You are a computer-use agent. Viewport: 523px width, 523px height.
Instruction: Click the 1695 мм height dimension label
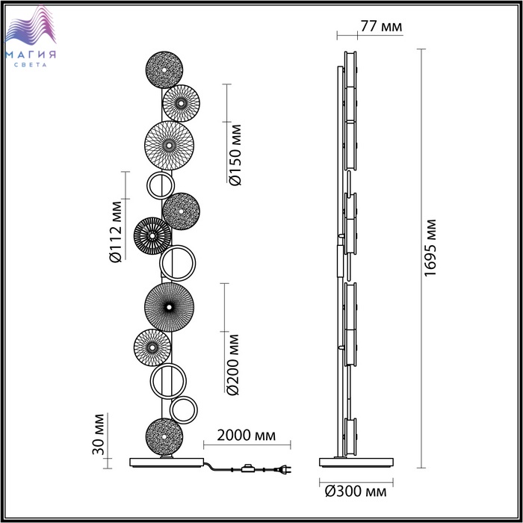click(x=430, y=248)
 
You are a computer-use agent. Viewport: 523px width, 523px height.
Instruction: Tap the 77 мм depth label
click(x=381, y=26)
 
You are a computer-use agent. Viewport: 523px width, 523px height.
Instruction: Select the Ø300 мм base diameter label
click(x=356, y=491)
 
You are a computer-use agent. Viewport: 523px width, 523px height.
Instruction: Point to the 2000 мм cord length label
click(x=247, y=435)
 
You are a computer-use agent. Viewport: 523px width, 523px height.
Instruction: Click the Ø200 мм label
click(x=233, y=365)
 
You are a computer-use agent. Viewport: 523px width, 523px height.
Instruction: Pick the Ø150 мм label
click(x=235, y=155)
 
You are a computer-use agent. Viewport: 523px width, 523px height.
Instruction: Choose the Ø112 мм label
click(x=115, y=232)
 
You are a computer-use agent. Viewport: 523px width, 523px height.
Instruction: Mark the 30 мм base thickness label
click(x=99, y=434)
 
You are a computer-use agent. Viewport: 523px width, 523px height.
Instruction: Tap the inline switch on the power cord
click(x=247, y=468)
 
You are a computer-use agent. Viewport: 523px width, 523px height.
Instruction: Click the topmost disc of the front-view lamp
click(x=164, y=69)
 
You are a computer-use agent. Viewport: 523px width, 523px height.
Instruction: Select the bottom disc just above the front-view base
click(x=164, y=436)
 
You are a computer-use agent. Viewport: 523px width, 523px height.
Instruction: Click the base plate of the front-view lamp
click(x=167, y=462)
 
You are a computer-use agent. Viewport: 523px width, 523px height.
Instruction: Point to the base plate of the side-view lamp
click(x=356, y=462)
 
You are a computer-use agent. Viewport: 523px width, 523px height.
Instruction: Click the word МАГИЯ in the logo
click(x=31, y=55)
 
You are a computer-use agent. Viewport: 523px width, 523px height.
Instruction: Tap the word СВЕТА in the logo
click(x=31, y=65)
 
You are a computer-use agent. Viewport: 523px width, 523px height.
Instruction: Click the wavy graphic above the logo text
click(x=31, y=25)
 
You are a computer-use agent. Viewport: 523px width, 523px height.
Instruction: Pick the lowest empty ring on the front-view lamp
click(x=184, y=410)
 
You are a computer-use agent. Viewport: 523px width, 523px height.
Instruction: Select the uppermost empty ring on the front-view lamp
click(x=161, y=186)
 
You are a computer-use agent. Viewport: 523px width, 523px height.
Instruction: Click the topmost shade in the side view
click(x=350, y=69)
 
